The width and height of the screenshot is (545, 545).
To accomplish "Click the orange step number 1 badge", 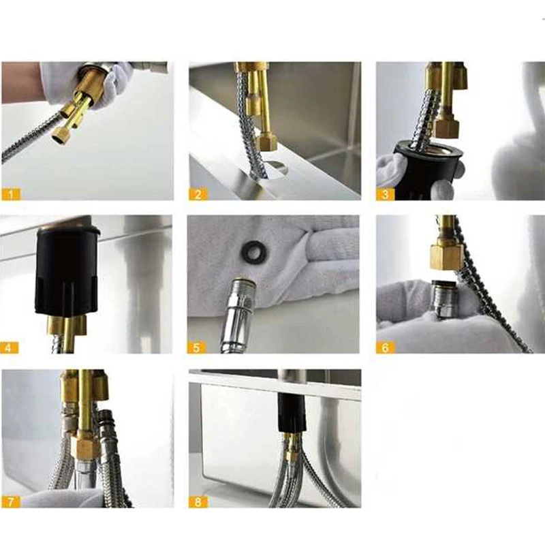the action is [11, 194].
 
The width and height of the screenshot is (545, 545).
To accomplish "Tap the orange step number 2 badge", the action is [198, 194].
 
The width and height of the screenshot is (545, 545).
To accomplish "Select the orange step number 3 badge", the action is [385, 194].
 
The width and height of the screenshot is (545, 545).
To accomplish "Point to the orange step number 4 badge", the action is [9, 347].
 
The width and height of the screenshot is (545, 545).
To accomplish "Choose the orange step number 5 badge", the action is [196, 347].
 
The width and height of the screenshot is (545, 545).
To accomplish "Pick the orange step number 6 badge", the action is [385, 347].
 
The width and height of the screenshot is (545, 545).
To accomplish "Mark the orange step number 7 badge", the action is [11, 501].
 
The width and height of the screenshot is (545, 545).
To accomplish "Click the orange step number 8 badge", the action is [198, 501].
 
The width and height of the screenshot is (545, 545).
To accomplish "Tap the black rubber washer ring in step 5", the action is [249, 249].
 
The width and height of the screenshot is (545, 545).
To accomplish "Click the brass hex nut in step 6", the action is [447, 257].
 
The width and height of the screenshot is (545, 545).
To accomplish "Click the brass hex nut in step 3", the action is [447, 127].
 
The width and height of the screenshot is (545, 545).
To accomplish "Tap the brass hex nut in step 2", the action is [266, 142].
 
